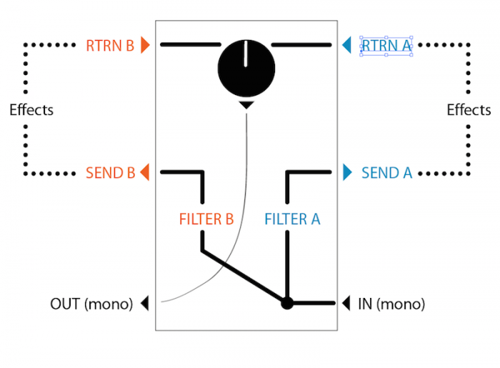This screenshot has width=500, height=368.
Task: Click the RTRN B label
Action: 109,46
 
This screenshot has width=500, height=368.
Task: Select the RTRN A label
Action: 386,46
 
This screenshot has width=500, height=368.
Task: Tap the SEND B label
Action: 110,172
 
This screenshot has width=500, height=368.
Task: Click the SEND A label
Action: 386,172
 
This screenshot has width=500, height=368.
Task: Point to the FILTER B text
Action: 206,219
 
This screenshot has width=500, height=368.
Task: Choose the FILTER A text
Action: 292,219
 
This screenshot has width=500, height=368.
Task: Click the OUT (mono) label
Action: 91,304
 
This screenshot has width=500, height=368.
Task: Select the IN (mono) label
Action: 391,304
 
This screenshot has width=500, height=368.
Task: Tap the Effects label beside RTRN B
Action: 31,110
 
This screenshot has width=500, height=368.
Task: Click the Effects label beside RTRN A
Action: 469,110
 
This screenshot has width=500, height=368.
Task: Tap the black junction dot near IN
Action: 286,303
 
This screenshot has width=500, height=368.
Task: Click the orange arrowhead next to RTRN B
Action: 146,46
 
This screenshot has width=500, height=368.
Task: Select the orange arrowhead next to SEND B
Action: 145,172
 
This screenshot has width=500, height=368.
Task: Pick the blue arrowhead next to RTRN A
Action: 346,46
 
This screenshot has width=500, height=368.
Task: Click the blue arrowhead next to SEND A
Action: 347,172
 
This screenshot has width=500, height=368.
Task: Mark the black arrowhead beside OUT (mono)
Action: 145,303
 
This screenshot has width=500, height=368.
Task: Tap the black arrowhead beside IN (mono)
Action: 346,303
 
